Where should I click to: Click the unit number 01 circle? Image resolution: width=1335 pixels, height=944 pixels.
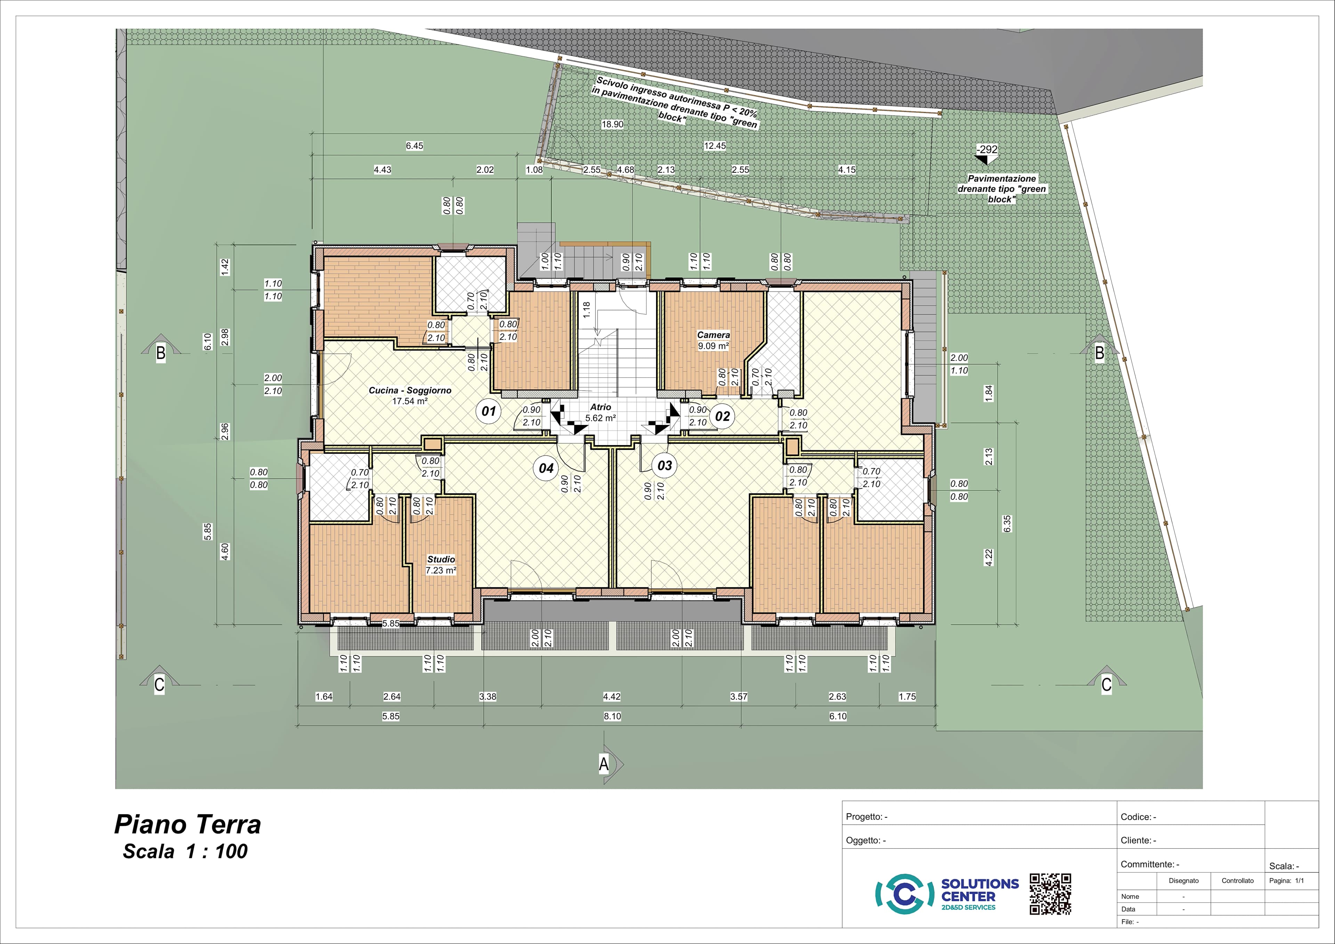[488, 411]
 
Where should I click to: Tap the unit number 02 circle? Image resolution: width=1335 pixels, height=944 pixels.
[722, 416]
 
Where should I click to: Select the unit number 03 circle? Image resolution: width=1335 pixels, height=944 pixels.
[665, 465]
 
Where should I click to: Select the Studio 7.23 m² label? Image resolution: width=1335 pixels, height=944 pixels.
[441, 565]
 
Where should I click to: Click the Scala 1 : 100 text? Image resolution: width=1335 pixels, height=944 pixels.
[185, 852]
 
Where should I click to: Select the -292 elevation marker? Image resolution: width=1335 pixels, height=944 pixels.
[987, 150]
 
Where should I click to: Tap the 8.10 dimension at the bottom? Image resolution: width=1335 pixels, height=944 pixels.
[612, 716]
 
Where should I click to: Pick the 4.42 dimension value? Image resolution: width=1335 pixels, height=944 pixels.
[612, 696]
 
